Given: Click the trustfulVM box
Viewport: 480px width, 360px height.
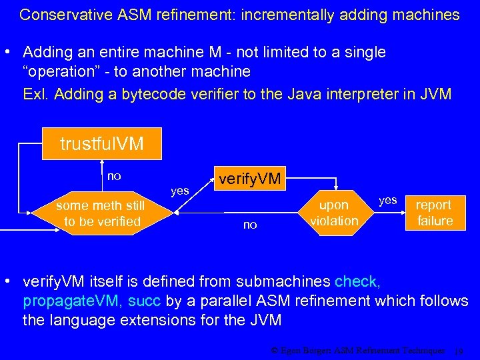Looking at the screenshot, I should tap(101, 143).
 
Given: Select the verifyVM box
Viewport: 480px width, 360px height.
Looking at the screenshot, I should tap(249, 178).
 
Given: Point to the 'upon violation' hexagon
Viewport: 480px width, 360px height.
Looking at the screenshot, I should tap(334, 213).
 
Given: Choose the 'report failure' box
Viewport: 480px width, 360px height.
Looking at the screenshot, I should tap(435, 213).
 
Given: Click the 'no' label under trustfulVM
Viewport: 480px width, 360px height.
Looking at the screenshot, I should tap(114, 176).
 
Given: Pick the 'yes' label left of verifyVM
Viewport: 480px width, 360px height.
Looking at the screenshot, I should tap(180, 191).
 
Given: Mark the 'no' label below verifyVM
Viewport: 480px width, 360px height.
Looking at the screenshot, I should tap(250, 225).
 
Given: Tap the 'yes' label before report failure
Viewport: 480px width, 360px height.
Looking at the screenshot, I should tap(387, 199).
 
